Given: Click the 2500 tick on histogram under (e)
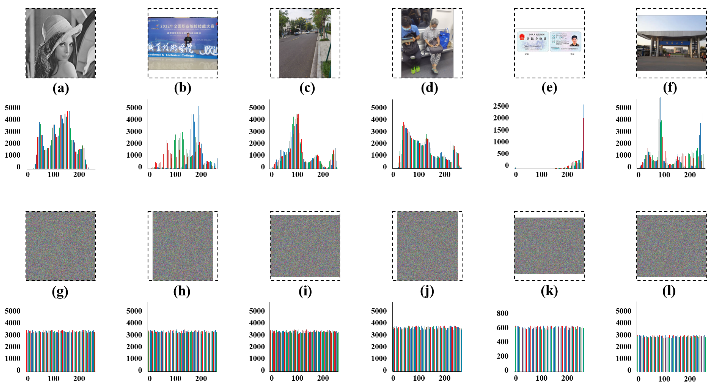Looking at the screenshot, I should click(x=501, y=106).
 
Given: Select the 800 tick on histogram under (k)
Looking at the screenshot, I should click(x=502, y=313).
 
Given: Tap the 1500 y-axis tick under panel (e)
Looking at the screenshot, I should click(x=501, y=130).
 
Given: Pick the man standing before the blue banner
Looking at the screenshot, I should click(x=189, y=40).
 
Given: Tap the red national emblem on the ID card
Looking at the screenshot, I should click(x=522, y=37).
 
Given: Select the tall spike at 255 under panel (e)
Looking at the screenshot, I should click(x=584, y=136).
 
